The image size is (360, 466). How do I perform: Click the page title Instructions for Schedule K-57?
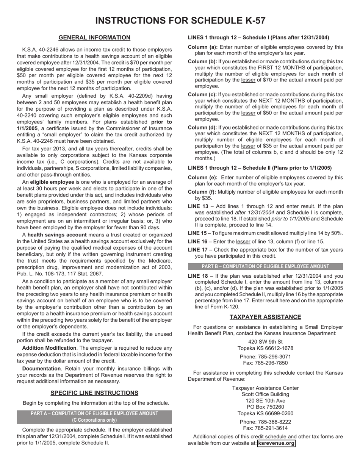[x=180, y=20]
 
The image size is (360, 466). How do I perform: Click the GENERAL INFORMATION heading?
[x=94, y=38]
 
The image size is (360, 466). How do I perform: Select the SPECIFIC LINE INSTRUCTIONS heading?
[x=94, y=393]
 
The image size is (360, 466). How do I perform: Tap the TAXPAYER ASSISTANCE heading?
[x=265, y=317]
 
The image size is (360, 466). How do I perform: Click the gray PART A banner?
[x=94, y=417]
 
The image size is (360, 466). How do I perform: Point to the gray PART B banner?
[x=265, y=266]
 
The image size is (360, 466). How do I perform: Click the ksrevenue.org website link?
[x=276, y=443]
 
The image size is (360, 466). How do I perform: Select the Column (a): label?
[x=203, y=47]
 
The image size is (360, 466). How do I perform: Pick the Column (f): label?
[x=202, y=192]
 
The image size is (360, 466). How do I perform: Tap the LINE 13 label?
[x=198, y=206]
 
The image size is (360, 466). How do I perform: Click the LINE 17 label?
[x=198, y=250]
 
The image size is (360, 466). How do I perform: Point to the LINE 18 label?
[x=198, y=276]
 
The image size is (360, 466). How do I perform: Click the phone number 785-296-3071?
[x=265, y=357]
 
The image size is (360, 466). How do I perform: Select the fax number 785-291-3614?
[x=265, y=428]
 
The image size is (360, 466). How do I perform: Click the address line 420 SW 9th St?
[x=265, y=342]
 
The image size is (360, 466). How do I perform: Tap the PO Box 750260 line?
[x=265, y=407]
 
